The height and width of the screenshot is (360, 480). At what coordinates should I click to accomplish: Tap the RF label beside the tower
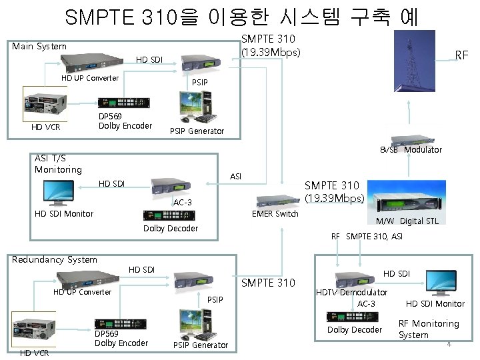(461, 55)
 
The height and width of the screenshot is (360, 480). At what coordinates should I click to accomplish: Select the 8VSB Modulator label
(411, 150)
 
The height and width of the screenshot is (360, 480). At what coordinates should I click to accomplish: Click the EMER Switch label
(275, 214)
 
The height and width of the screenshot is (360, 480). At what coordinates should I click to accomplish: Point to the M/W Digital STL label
(407, 221)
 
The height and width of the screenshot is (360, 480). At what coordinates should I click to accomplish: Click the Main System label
(39, 47)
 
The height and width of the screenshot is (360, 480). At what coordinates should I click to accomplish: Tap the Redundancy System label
(55, 260)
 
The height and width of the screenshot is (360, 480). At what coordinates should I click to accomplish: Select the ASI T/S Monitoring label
(58, 164)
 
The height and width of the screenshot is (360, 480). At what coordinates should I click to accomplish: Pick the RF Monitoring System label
(429, 329)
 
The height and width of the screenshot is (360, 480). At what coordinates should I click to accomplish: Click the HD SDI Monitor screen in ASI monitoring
(59, 192)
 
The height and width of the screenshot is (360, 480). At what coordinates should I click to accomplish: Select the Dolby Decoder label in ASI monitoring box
(171, 229)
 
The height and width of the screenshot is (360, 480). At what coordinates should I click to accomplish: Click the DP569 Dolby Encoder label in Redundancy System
(121, 339)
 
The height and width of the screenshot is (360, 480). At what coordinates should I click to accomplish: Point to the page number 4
(449, 344)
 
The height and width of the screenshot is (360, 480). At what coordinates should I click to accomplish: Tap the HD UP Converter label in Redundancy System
(82, 292)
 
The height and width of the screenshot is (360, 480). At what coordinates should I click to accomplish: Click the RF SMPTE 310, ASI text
(367, 237)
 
